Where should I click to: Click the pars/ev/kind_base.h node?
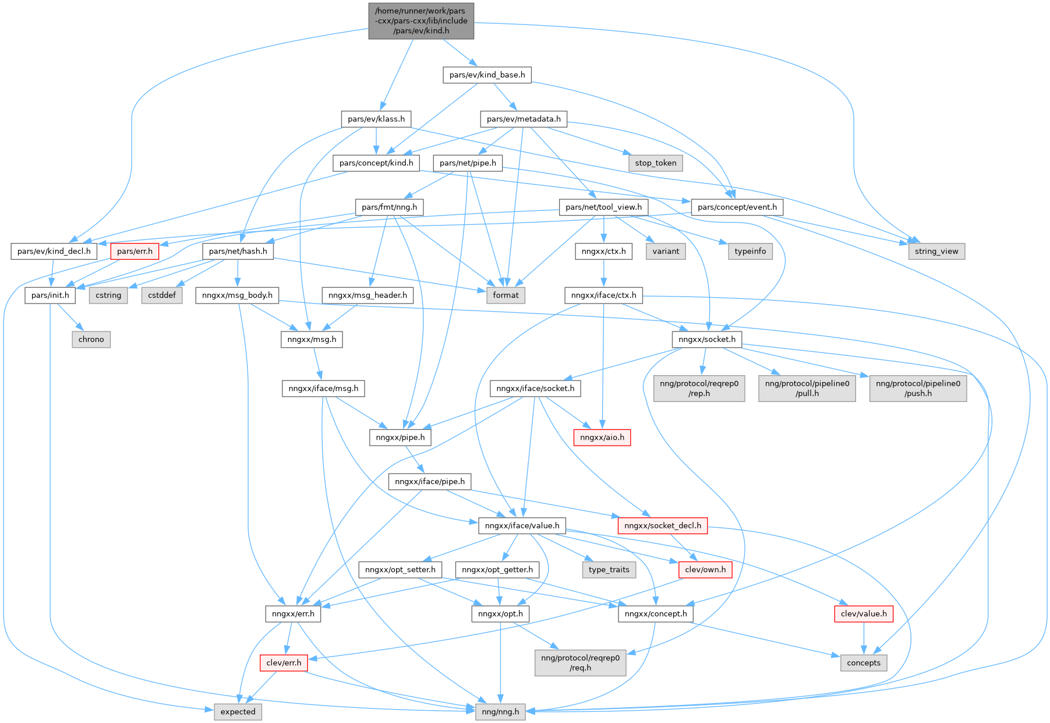point(487,75)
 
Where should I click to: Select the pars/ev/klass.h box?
point(376,119)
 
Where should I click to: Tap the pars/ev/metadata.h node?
point(524,119)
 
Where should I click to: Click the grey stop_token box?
point(655,163)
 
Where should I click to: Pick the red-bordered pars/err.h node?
point(135,251)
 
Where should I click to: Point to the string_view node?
point(936,251)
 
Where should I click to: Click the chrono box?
point(91,339)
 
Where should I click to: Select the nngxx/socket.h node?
point(706,339)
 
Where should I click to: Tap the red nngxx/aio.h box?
point(602,437)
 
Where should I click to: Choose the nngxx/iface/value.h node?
point(522,526)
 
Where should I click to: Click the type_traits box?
point(609,569)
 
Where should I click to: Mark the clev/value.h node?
point(863,613)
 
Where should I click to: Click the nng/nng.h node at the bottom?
point(500,711)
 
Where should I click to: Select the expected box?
point(238,711)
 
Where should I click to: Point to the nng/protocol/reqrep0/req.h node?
point(580,662)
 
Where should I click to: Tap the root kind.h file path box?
point(421,21)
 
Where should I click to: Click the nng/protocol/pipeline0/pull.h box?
point(807,388)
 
